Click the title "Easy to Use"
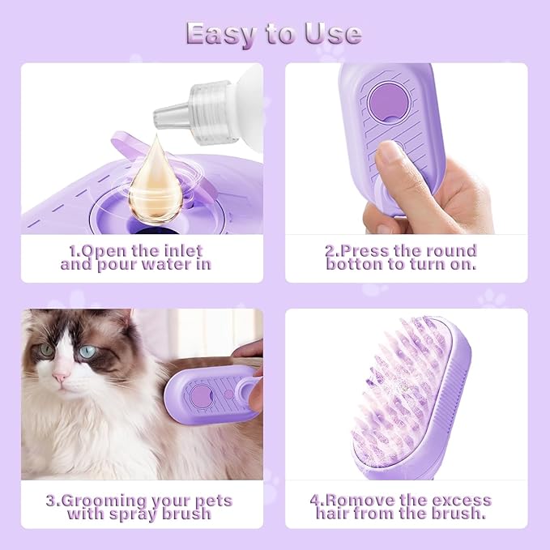pos(274,33)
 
